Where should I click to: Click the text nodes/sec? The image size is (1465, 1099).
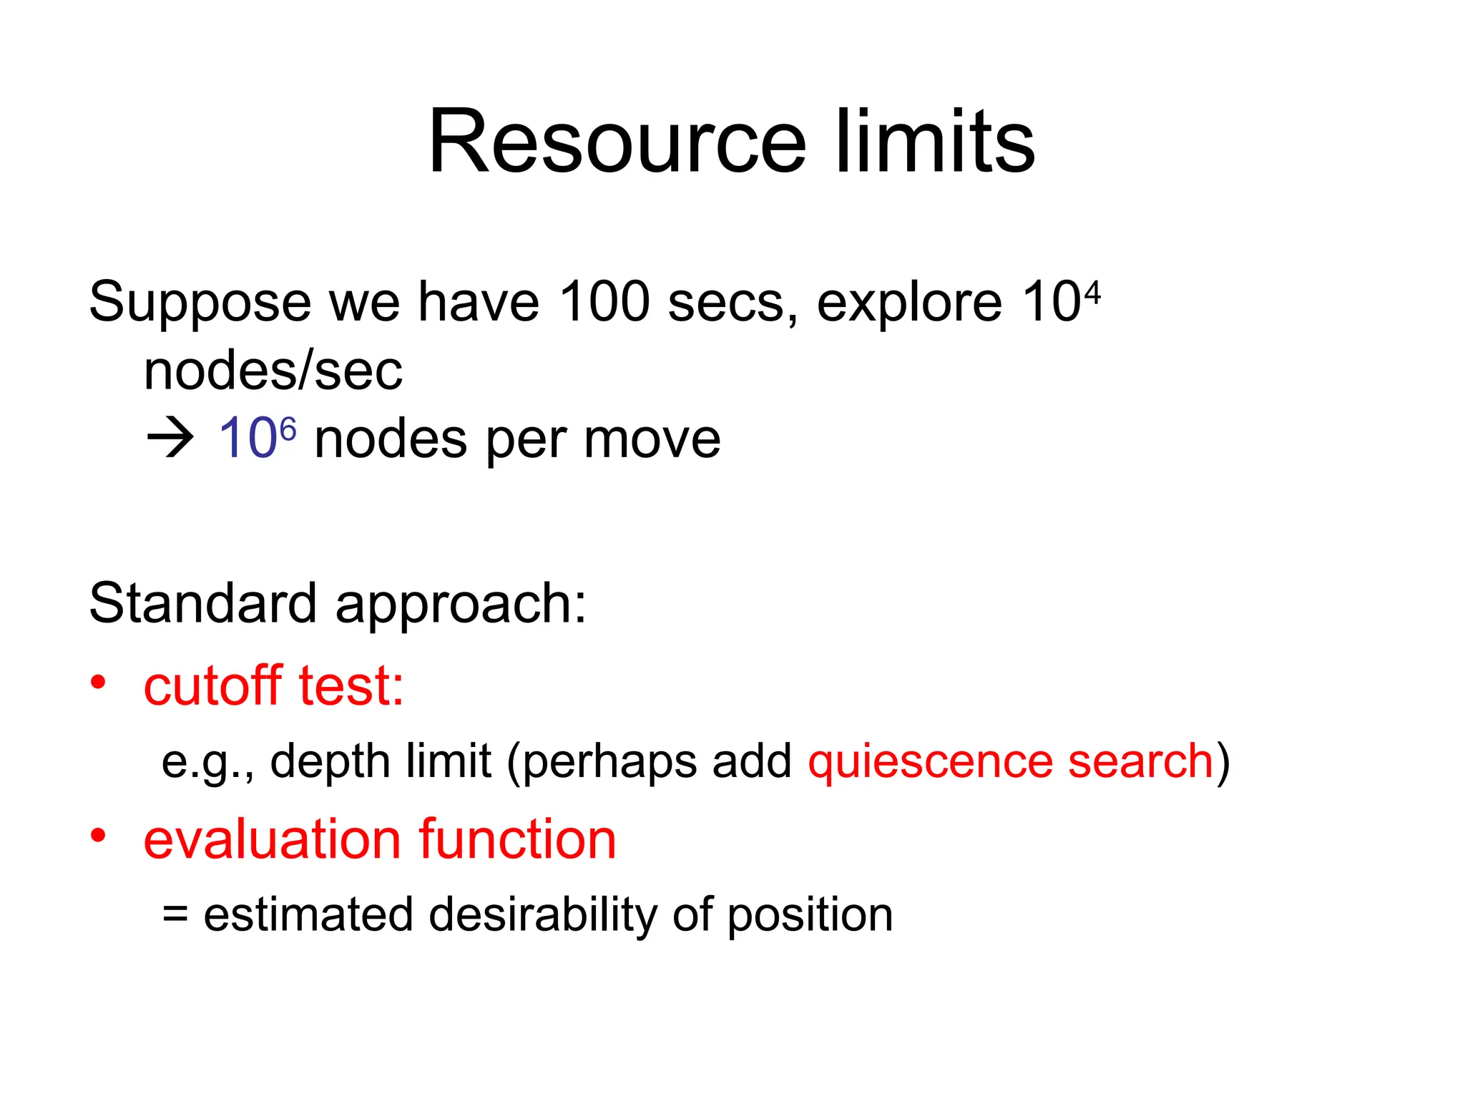(x=273, y=371)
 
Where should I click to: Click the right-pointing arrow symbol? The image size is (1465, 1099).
(x=170, y=439)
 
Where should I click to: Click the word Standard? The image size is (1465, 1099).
(x=202, y=603)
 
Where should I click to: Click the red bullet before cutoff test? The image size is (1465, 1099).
(x=99, y=682)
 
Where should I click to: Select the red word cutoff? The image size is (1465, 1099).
(x=213, y=685)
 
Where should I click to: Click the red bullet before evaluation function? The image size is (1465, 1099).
(x=99, y=835)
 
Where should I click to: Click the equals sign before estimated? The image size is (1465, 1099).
(x=175, y=915)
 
